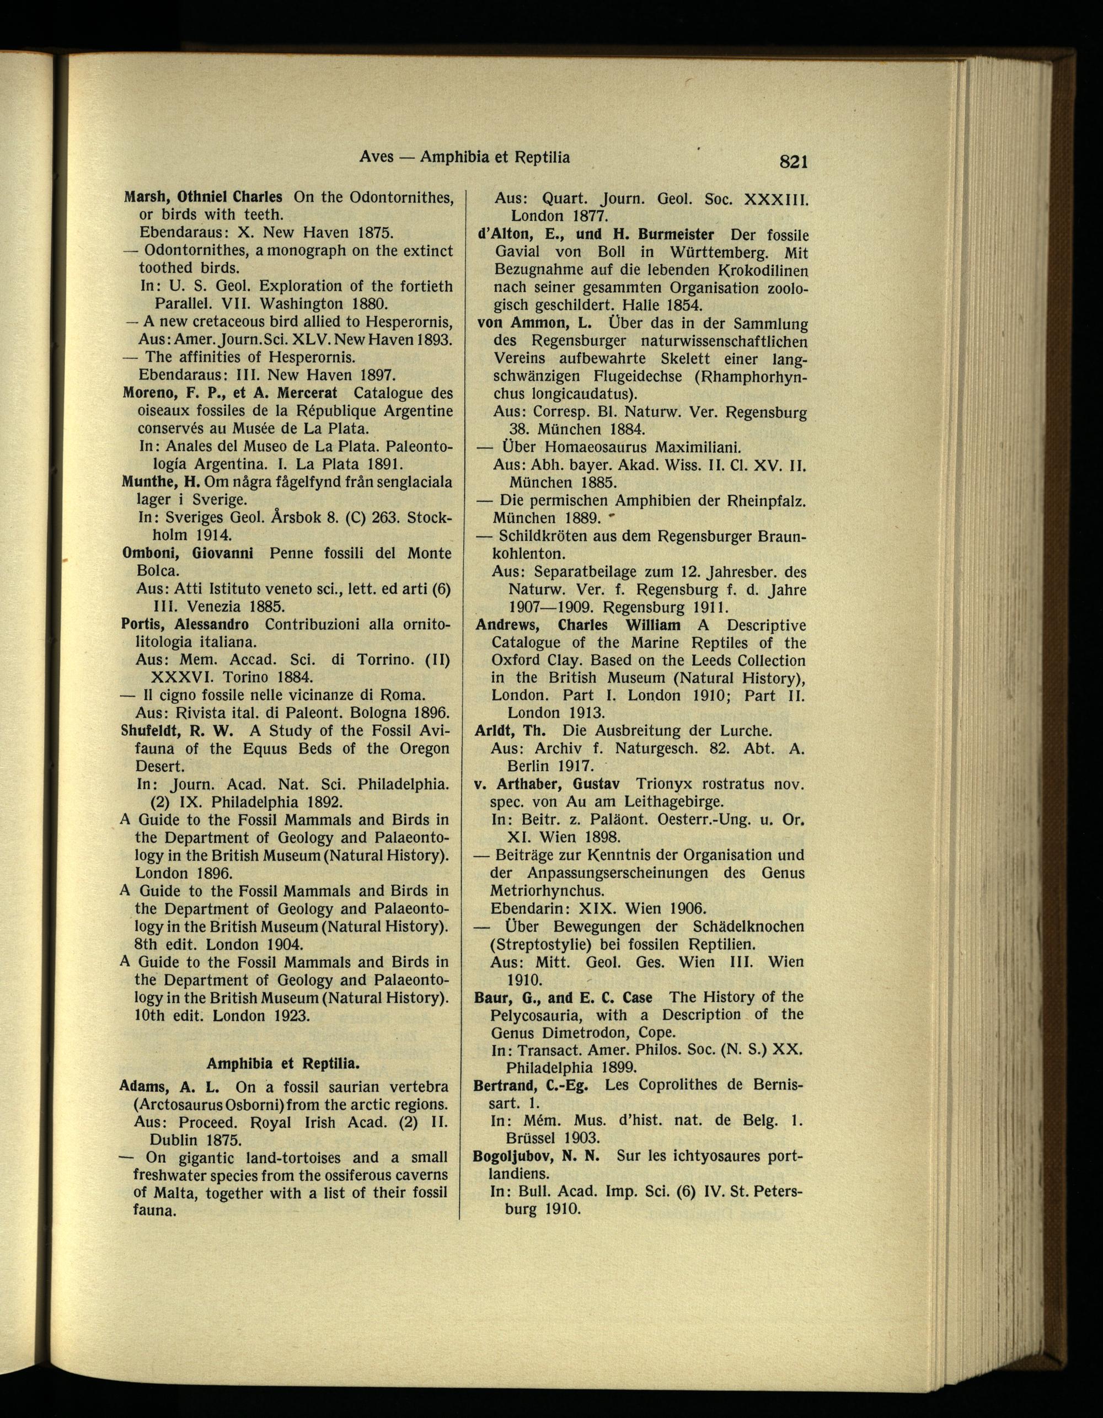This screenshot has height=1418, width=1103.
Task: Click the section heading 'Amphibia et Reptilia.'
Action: pos(282,1063)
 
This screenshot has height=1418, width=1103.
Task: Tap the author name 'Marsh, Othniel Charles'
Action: pos(203,196)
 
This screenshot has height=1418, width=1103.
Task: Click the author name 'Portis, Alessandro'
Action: pos(185,624)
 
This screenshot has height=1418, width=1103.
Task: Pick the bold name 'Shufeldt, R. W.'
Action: pos(176,730)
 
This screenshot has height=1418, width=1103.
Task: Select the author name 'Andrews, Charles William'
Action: pos(578,625)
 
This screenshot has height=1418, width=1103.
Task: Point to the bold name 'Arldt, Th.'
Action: pos(510,730)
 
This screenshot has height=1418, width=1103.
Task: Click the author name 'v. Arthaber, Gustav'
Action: pos(547,784)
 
